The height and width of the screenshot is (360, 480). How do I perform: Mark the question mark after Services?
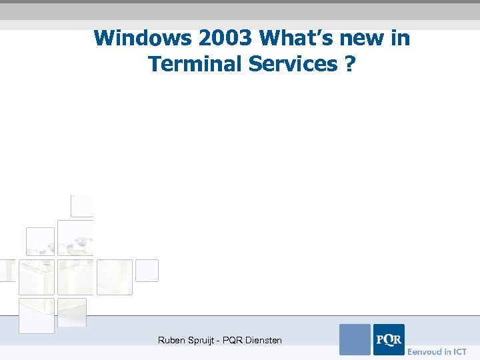coord(350,64)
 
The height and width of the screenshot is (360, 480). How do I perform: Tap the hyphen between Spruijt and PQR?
coord(219,341)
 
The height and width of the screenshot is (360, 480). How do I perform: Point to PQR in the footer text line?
coord(232,340)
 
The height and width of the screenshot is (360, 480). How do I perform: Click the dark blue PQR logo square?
coord(389,339)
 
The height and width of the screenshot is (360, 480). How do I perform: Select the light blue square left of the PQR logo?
coord(355,339)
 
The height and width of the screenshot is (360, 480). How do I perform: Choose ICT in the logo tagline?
coord(459,351)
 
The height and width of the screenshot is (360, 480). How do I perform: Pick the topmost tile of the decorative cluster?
coord(82,205)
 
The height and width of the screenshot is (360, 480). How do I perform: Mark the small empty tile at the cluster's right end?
coord(147,271)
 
